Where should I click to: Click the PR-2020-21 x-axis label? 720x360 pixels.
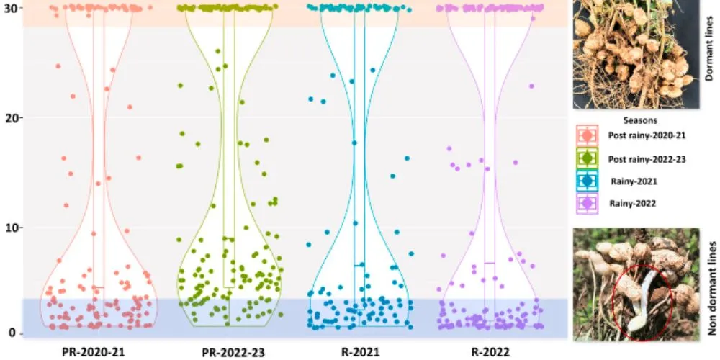[x=98, y=351]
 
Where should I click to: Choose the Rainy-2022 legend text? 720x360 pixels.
[x=633, y=204]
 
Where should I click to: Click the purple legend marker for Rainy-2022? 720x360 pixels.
[x=587, y=204]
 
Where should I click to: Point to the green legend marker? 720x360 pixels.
[x=587, y=158]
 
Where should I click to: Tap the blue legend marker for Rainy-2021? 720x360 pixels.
[x=587, y=181]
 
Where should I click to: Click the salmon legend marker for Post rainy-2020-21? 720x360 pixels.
[x=587, y=135]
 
